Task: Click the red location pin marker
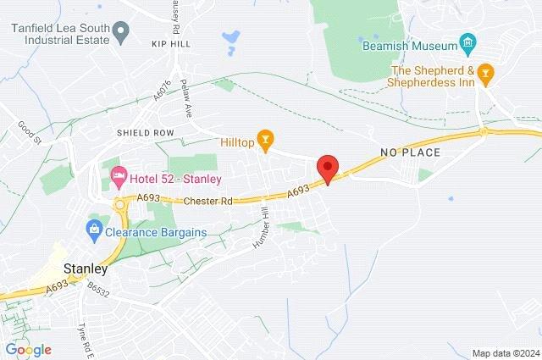click(x=327, y=167)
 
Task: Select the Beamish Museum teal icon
click(x=467, y=42)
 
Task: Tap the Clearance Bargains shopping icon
click(x=93, y=228)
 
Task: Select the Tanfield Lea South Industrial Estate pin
click(x=119, y=34)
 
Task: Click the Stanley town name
click(x=84, y=270)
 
